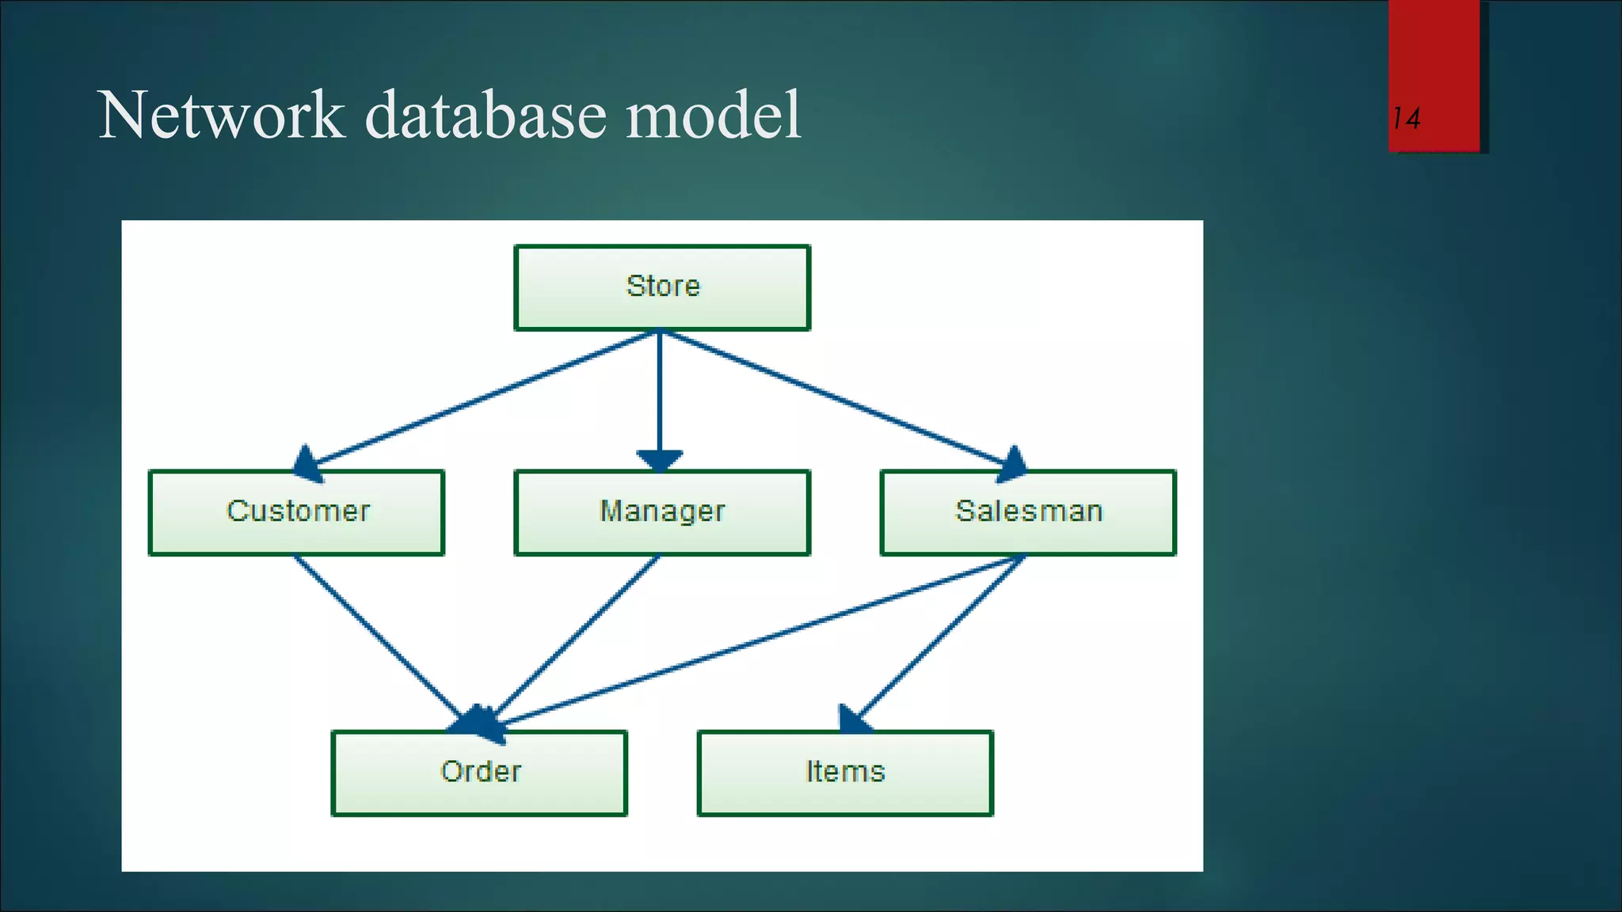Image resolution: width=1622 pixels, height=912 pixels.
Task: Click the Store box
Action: coord(662,287)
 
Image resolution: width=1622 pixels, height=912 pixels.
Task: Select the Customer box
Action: coord(297,512)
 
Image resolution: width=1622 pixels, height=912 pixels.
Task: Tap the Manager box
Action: coord(662,512)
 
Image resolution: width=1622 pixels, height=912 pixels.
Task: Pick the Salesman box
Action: coord(1028,512)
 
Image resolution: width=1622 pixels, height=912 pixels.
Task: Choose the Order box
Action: coord(479,773)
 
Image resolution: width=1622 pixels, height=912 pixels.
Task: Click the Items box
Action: coord(845,773)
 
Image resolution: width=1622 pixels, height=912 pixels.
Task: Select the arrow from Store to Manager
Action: coord(660,392)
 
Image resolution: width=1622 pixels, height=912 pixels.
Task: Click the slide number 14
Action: coord(1406,119)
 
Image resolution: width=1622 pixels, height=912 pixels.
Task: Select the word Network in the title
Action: coord(222,116)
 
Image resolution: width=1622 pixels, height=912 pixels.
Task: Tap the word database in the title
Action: coord(486,116)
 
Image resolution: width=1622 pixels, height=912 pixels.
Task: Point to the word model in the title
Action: coord(713,116)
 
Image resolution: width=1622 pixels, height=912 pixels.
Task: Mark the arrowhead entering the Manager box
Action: coord(660,460)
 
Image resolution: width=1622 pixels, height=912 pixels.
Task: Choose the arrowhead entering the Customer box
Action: coord(308,465)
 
